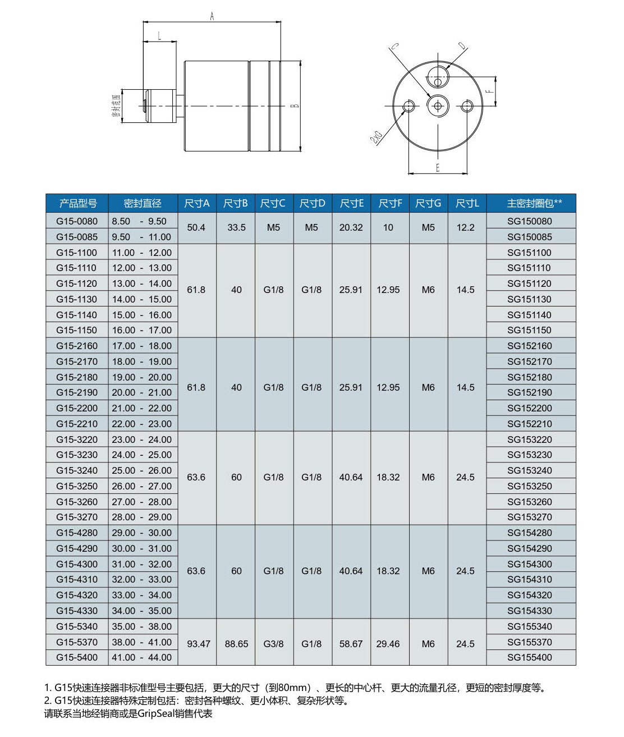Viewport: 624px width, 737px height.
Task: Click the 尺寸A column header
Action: coord(196,203)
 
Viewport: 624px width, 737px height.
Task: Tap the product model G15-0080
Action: coord(77,221)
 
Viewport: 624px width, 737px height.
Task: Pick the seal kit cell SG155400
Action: coord(529,657)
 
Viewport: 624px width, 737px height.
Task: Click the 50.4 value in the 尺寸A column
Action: coord(196,227)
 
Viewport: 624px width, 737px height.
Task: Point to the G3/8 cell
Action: coord(273,644)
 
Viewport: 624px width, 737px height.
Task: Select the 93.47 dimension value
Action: coord(198,644)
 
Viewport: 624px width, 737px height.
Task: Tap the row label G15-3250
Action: coord(77,486)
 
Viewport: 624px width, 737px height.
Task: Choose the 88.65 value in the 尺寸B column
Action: coord(236,644)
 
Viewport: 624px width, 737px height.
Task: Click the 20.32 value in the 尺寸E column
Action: coord(351,227)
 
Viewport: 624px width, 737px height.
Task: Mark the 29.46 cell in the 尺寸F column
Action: coord(388,644)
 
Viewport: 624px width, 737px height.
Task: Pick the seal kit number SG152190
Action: coord(529,392)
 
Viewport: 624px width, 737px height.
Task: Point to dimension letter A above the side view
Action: coord(212,17)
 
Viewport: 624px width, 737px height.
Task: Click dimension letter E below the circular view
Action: coord(438,168)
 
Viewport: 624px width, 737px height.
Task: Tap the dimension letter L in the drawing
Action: coord(159,36)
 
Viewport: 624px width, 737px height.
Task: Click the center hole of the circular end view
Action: coord(438,106)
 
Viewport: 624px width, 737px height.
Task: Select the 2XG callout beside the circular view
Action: coord(376,137)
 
